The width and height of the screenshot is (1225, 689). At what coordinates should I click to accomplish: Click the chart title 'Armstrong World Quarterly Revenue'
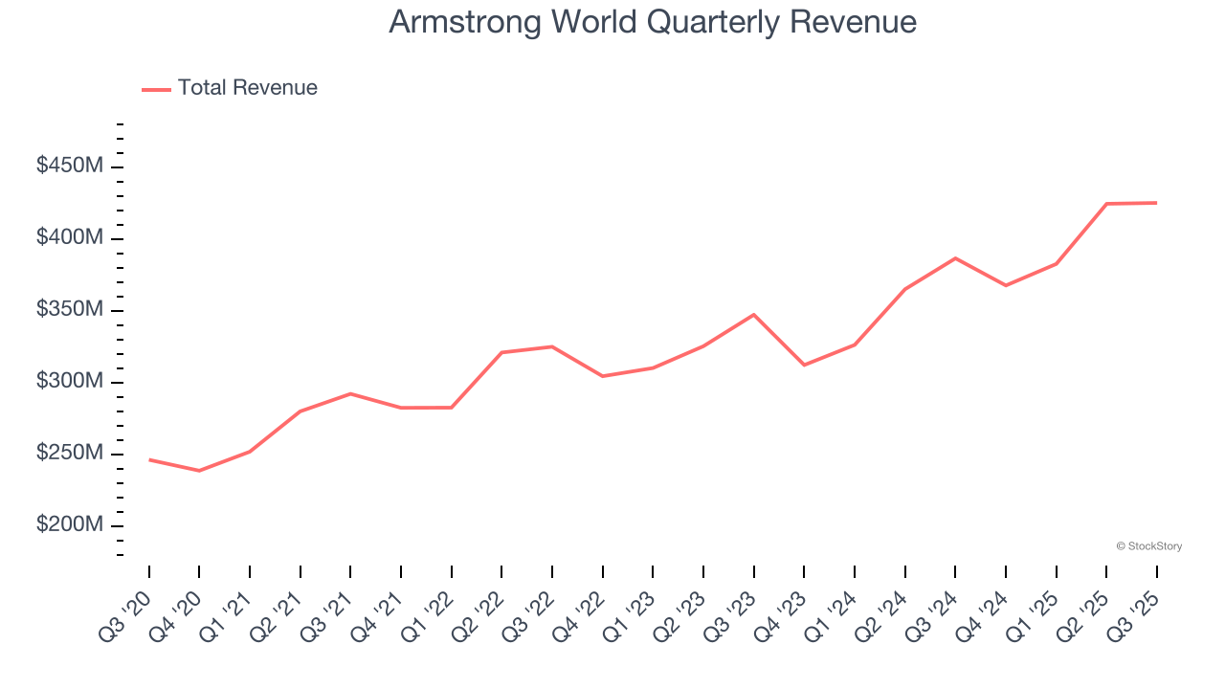pyautogui.click(x=653, y=22)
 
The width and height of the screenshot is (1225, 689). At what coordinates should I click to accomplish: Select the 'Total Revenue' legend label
pyautogui.click(x=247, y=88)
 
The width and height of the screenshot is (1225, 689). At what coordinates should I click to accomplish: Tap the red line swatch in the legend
pyautogui.click(x=156, y=89)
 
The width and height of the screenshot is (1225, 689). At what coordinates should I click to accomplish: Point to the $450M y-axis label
pyautogui.click(x=69, y=167)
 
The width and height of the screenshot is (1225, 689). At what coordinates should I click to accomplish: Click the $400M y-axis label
pyautogui.click(x=69, y=238)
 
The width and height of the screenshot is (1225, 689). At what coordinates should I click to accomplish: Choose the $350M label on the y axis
pyautogui.click(x=69, y=310)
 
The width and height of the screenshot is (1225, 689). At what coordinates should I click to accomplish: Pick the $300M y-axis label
pyautogui.click(x=69, y=382)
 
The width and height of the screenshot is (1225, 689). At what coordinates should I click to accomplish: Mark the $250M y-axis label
pyautogui.click(x=69, y=454)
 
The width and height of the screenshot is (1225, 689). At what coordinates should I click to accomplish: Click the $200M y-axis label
pyautogui.click(x=69, y=525)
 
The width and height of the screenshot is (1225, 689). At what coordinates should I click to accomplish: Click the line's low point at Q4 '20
pyautogui.click(x=199, y=471)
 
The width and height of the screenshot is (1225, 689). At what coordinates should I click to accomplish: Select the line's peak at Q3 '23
pyautogui.click(x=754, y=314)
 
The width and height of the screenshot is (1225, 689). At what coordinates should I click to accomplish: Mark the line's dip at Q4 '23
pyautogui.click(x=804, y=365)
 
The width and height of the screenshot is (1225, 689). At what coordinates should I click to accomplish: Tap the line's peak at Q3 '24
pyautogui.click(x=955, y=258)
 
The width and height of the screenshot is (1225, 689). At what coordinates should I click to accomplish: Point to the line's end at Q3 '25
pyautogui.click(x=1156, y=203)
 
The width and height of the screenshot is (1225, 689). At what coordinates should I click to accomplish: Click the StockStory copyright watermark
pyautogui.click(x=1148, y=546)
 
